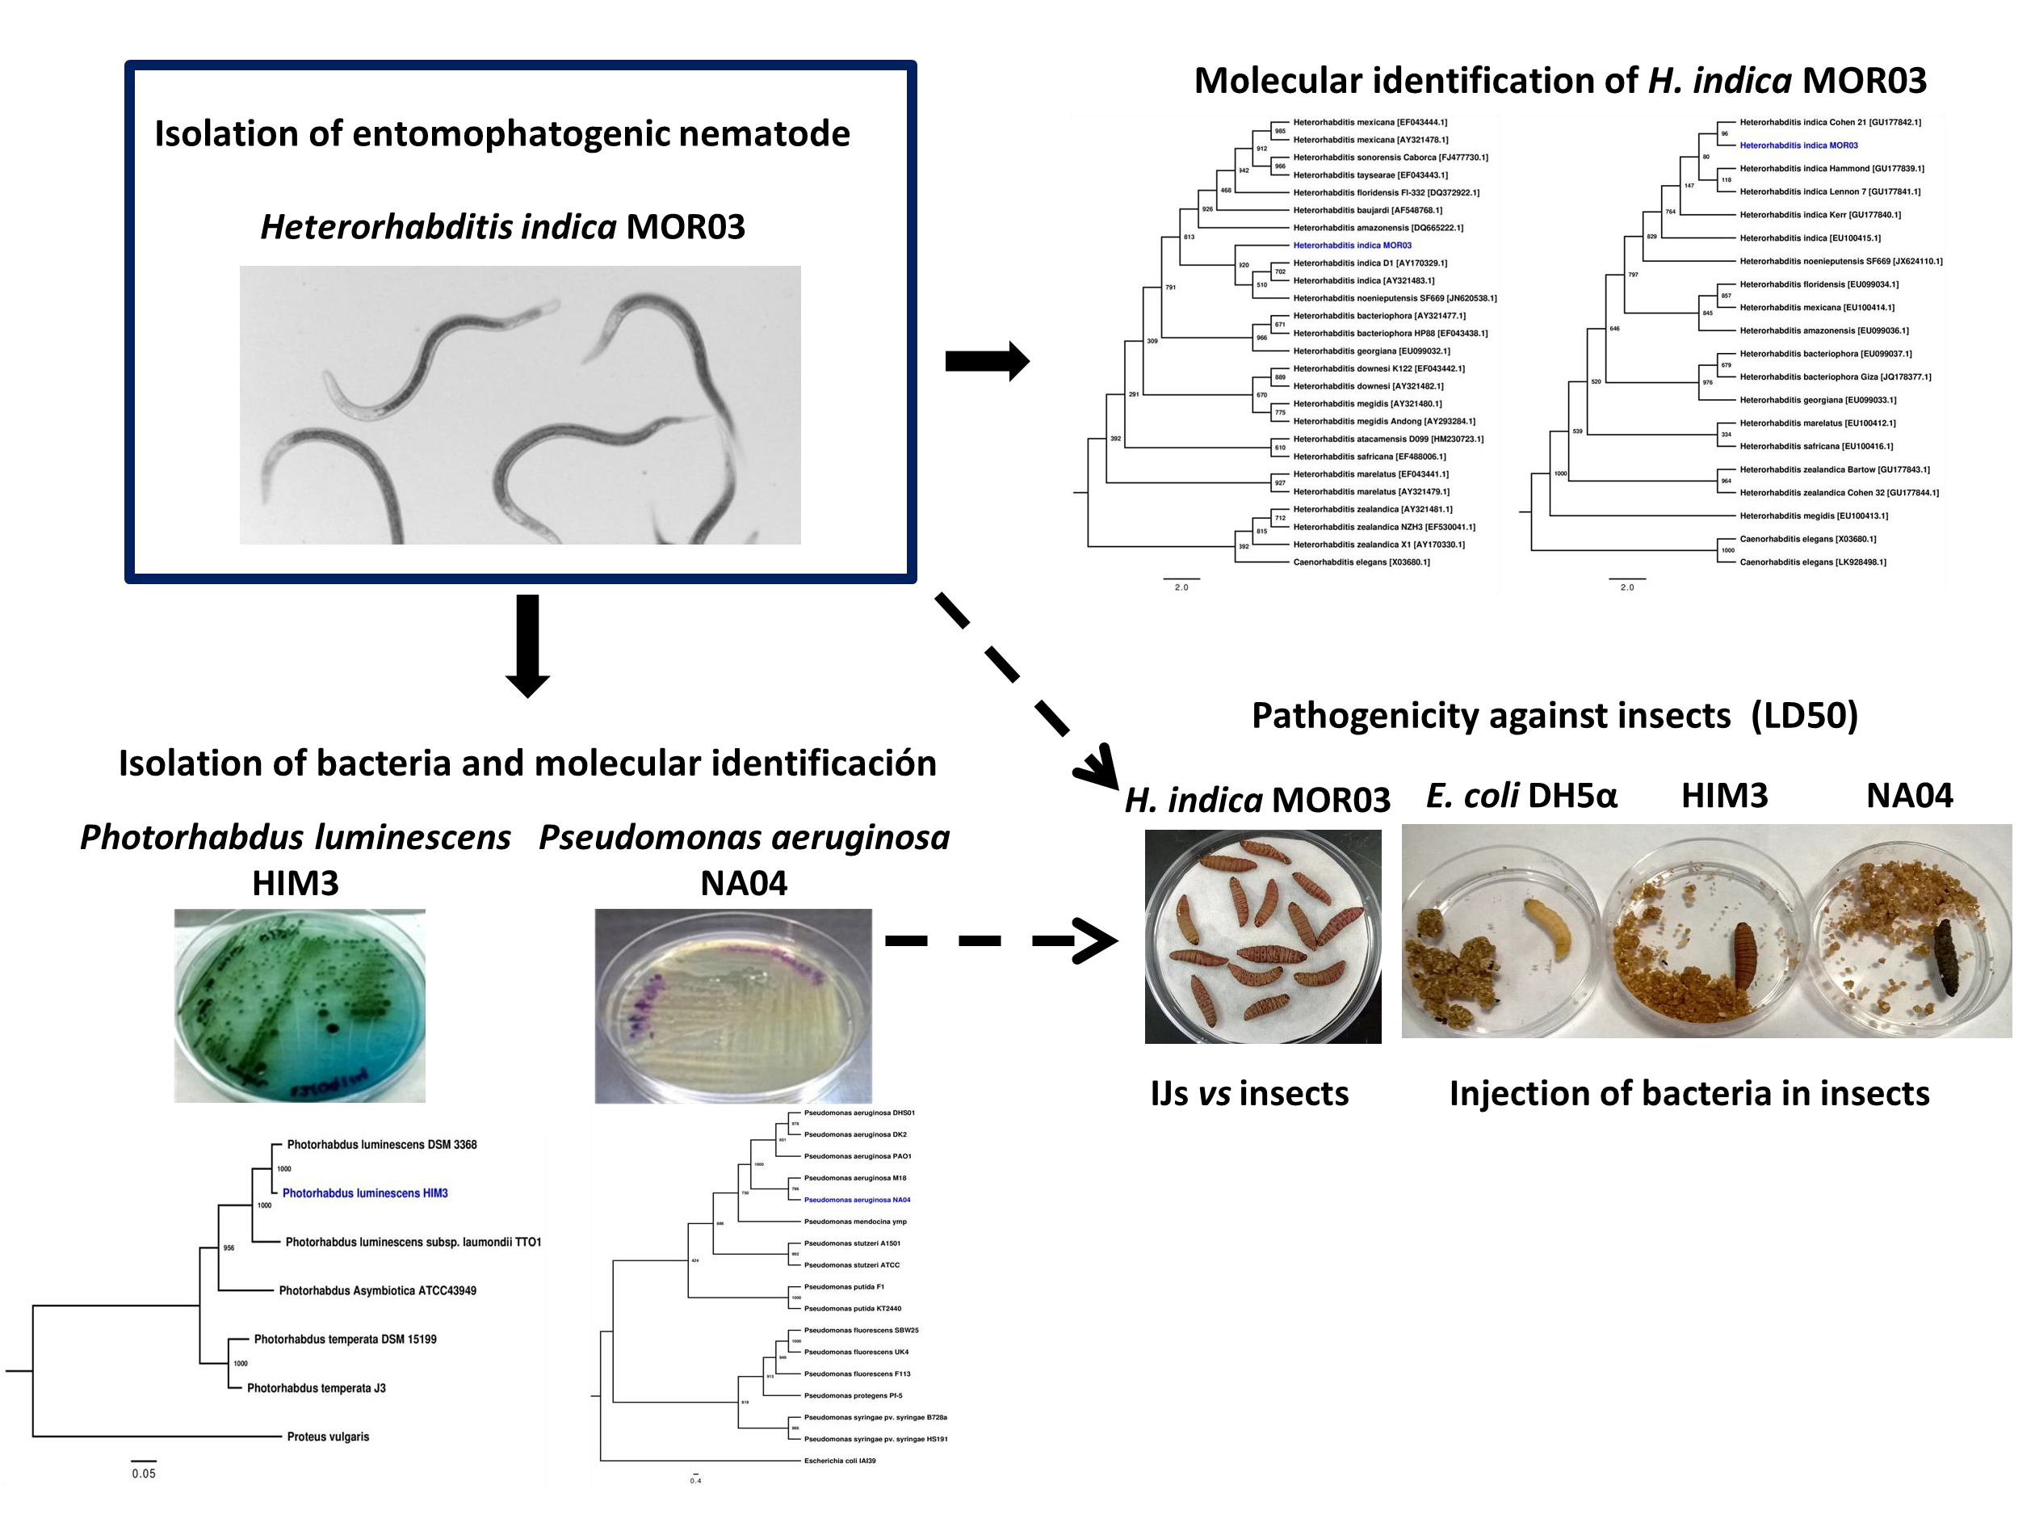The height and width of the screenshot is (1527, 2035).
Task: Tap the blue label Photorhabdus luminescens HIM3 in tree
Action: [364, 1193]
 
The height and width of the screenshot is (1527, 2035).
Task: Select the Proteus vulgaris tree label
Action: [328, 1437]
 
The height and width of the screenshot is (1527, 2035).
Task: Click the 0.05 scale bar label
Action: [144, 1474]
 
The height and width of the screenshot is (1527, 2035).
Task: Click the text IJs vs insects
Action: [1248, 1093]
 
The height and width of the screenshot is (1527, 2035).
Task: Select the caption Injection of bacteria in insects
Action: [1689, 1093]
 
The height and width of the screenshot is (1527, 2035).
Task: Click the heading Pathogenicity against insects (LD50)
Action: [1554, 715]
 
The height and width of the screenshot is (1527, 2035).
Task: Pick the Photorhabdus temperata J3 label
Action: [316, 1388]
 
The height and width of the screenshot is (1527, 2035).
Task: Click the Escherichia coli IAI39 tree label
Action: [839, 1461]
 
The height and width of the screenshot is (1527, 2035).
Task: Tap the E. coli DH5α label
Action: [1521, 795]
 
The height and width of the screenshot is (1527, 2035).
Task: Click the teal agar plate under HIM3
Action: [300, 1005]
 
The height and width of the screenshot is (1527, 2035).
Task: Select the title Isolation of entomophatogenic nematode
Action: [501, 133]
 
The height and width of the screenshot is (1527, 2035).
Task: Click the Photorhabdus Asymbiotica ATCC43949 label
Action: [377, 1290]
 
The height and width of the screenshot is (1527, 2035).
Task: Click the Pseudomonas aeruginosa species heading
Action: [744, 838]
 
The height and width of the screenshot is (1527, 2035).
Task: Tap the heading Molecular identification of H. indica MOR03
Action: [1559, 81]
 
